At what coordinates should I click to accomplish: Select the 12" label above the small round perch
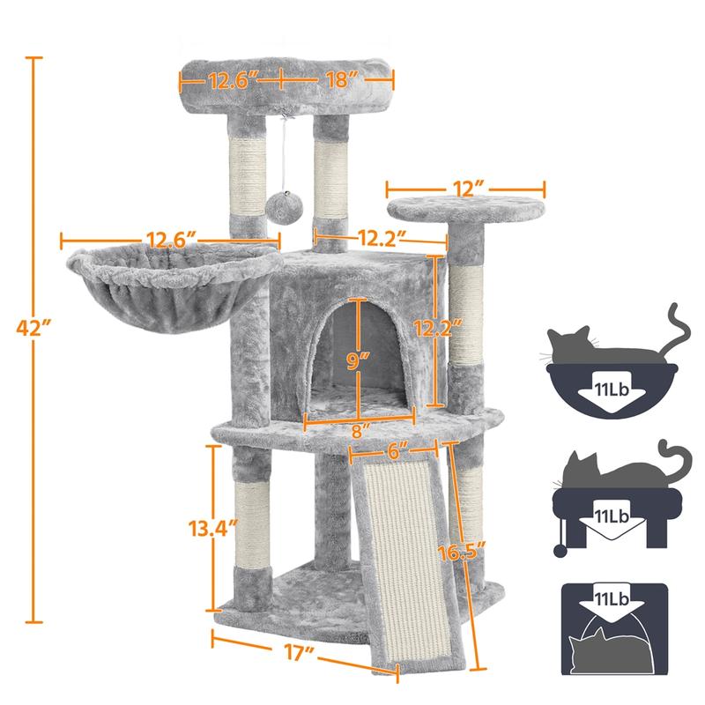[x=465, y=189]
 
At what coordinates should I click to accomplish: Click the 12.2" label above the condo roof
[x=380, y=237]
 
